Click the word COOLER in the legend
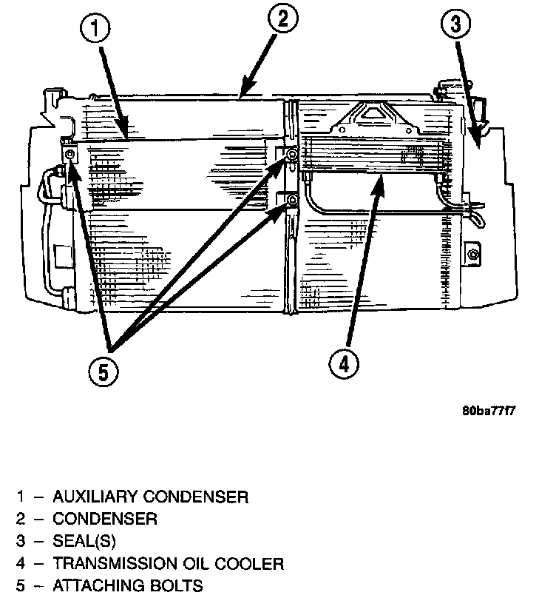click(252, 564)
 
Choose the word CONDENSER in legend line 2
click(104, 519)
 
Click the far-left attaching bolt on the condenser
click(69, 154)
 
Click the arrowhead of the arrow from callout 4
click(382, 181)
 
